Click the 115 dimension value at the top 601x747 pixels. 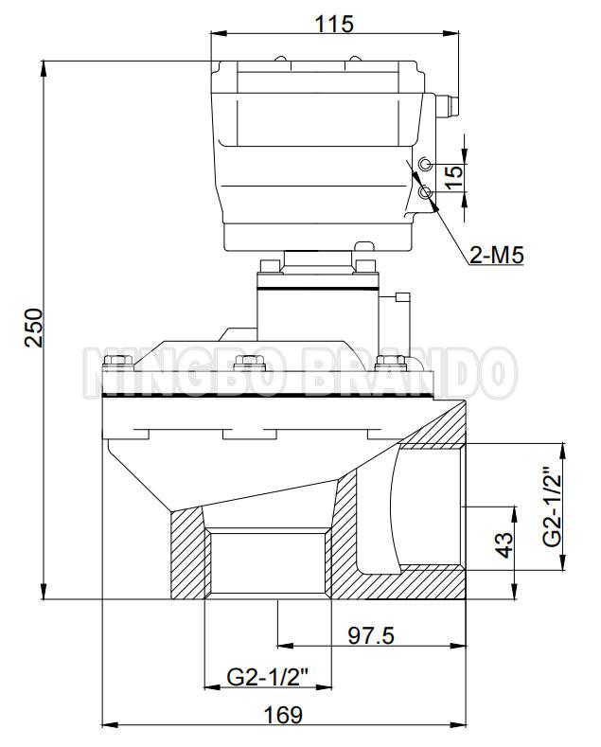(x=334, y=24)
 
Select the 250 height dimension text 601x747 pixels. (x=34, y=328)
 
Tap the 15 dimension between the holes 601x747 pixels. (x=455, y=176)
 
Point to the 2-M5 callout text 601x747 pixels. (x=496, y=256)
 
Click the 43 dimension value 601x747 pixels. (x=504, y=544)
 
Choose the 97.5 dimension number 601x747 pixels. (x=371, y=635)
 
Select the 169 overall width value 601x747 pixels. (x=283, y=715)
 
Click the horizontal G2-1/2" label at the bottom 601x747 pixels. (x=268, y=677)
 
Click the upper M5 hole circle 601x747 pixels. (x=425, y=165)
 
